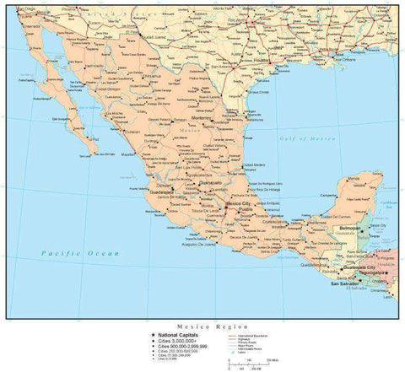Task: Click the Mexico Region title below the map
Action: (x=202, y=325)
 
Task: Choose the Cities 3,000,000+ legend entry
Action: (x=177, y=340)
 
